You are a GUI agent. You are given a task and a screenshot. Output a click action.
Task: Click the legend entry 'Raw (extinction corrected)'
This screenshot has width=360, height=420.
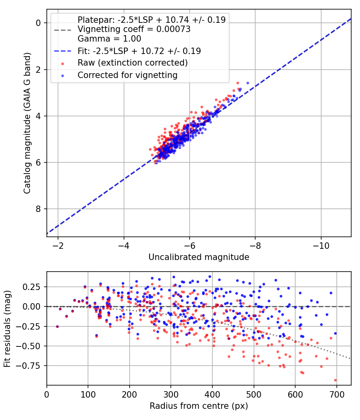pyautogui.click(x=132, y=63)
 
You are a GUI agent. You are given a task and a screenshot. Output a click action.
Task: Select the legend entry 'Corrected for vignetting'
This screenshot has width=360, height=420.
pyautogui.click(x=127, y=75)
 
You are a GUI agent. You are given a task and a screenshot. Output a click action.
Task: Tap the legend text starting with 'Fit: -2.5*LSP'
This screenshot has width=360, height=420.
pyautogui.click(x=139, y=51)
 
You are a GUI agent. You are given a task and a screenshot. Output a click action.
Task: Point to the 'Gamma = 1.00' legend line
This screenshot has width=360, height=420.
pyautogui.click(x=109, y=39)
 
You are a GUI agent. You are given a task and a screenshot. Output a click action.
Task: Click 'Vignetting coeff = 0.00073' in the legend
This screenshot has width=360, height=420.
pyautogui.click(x=134, y=29)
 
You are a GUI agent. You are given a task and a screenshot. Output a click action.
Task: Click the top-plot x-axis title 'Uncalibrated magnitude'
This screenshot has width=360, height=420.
pyautogui.click(x=199, y=257)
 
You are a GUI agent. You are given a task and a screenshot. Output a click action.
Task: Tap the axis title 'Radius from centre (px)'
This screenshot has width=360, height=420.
pyautogui.click(x=199, y=406)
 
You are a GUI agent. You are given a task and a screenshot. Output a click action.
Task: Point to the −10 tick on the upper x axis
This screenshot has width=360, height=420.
pyautogui.click(x=321, y=244)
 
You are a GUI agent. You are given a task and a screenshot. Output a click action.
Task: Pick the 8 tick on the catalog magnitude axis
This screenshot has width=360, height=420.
pyautogui.click(x=38, y=209)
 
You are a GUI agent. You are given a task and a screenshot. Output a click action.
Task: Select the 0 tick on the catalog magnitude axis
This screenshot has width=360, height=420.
pyautogui.click(x=38, y=23)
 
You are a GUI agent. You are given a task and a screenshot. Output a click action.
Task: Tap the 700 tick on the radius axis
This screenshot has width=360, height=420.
pyautogui.click(x=336, y=393)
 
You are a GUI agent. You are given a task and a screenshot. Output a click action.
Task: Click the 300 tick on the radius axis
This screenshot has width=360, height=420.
pyautogui.click(x=171, y=393)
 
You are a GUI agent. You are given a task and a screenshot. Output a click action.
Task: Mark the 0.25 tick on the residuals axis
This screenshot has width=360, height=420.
pyautogui.click(x=33, y=287)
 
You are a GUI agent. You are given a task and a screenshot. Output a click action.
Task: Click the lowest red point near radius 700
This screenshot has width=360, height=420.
pyautogui.click(x=335, y=380)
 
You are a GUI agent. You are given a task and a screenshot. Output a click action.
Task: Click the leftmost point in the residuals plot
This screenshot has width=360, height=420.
pyautogui.click(x=57, y=326)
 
